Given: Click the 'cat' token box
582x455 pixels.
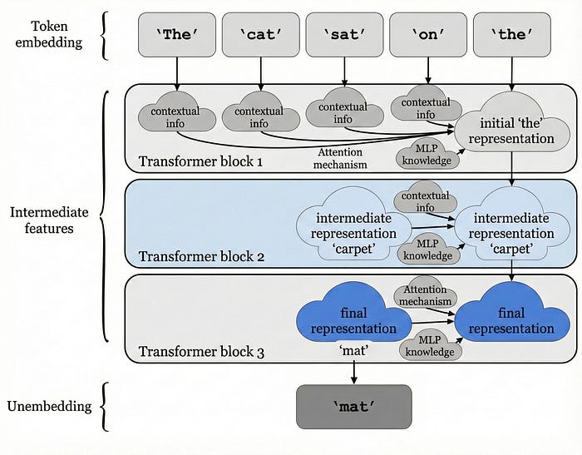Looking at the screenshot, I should (x=259, y=36).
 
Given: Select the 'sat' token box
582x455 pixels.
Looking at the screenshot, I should (x=343, y=36).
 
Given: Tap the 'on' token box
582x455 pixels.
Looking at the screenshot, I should (x=427, y=36).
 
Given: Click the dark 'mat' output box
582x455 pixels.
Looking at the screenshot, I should (x=353, y=407).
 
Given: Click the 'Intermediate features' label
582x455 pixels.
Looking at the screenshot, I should (x=49, y=220).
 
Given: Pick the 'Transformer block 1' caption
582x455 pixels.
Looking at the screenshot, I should (x=201, y=161).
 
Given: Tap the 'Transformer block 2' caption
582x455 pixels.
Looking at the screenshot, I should (x=201, y=256).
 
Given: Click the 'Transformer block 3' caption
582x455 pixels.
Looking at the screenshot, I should (x=201, y=352).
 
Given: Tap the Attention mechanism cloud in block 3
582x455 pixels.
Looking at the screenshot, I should (x=425, y=296).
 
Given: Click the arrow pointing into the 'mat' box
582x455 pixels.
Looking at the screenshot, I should (x=353, y=374).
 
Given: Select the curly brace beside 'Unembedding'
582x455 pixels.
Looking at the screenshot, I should (x=105, y=407).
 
